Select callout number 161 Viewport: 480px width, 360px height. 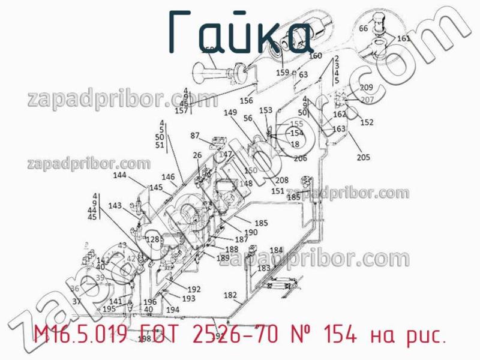coord(404,38)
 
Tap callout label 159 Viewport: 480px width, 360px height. coord(283,73)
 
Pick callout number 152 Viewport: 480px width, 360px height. coord(367,122)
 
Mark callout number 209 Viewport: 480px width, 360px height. coord(367,88)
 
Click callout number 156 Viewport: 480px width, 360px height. coord(246,101)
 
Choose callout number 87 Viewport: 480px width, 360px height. coord(195,135)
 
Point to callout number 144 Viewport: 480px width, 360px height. coord(120,175)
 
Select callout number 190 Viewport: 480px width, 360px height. coord(251,232)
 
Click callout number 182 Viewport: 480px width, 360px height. coord(230,295)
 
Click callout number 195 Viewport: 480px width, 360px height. coord(109,308)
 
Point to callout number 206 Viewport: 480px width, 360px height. coord(300,158)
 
